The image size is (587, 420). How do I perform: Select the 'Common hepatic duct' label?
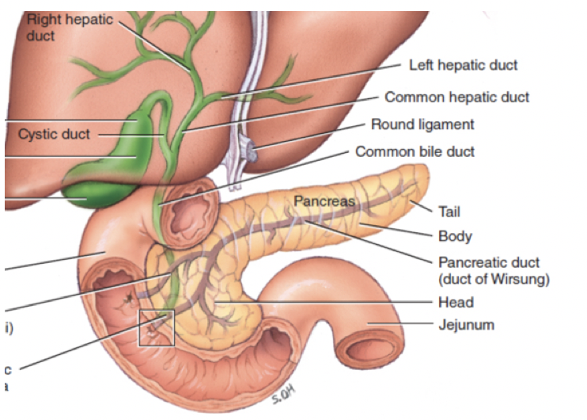point(456,97)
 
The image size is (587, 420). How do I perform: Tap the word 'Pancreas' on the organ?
point(324,201)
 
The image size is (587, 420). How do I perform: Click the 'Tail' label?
point(449,212)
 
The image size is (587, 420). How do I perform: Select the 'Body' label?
point(454,235)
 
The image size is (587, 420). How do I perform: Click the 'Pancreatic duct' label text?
point(488,262)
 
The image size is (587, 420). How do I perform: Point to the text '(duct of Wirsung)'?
point(494,279)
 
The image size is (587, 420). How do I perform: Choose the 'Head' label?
point(455,302)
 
